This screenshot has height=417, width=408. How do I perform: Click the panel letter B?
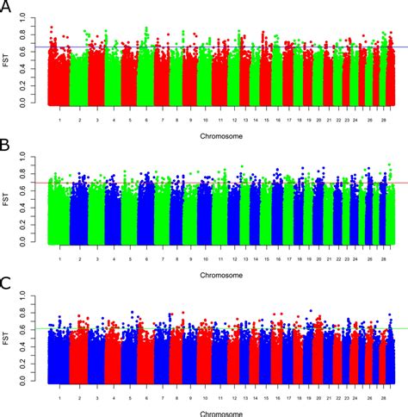[7, 147]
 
